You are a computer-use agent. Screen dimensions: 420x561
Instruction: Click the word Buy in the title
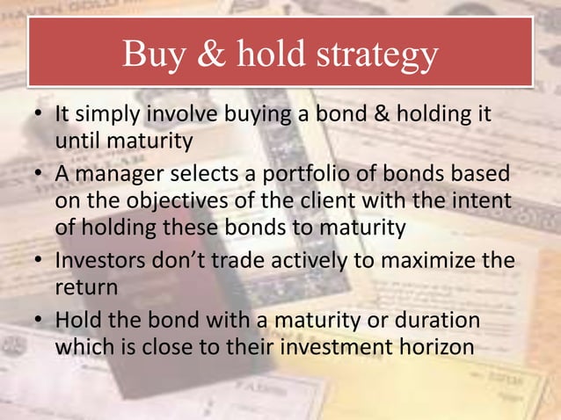[152, 54]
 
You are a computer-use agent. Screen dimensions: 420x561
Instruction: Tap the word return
[81, 286]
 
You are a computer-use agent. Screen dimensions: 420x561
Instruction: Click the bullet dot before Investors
[41, 259]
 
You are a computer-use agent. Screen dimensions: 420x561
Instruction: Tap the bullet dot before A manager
[41, 173]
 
